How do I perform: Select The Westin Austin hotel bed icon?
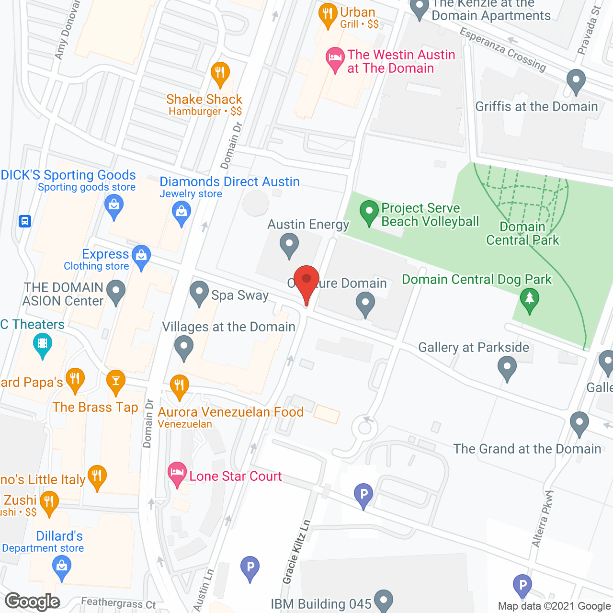pyautogui.click(x=335, y=59)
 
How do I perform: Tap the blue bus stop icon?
pyautogui.click(x=25, y=221)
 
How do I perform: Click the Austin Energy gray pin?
pyautogui.click(x=289, y=245)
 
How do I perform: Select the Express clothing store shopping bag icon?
pyautogui.click(x=141, y=257)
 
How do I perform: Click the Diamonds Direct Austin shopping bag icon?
pyautogui.click(x=182, y=213)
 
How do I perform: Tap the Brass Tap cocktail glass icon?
pyautogui.click(x=115, y=382)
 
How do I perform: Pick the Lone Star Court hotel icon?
pyautogui.click(x=177, y=474)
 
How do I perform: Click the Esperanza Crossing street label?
pyautogui.click(x=502, y=49)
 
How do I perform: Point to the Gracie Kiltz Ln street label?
pyautogui.click(x=296, y=552)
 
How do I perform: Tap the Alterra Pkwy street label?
pyautogui.click(x=543, y=519)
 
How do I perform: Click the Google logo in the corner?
pyautogui.click(x=33, y=602)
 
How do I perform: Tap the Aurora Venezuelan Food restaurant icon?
pyautogui.click(x=179, y=386)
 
